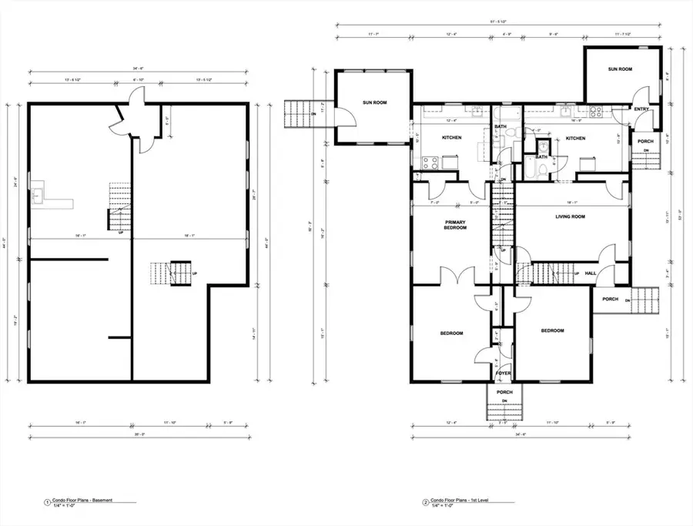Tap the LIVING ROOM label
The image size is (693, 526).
571,217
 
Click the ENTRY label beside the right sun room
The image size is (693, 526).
641,109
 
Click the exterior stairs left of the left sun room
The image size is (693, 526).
297,116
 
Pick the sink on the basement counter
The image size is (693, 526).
38,195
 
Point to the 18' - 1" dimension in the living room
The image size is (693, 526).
571,203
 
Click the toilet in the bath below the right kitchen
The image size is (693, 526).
542,169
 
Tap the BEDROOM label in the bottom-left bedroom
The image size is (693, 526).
451,333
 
